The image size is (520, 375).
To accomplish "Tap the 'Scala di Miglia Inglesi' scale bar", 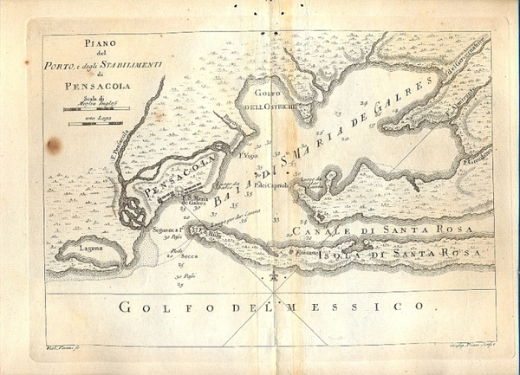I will [x=96, y=109].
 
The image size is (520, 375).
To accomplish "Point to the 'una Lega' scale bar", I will [x=96, y=124].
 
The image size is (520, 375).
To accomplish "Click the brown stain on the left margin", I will [x=54, y=145].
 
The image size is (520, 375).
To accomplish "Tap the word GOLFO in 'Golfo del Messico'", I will [x=152, y=307].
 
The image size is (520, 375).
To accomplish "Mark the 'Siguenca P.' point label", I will [x=164, y=229].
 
